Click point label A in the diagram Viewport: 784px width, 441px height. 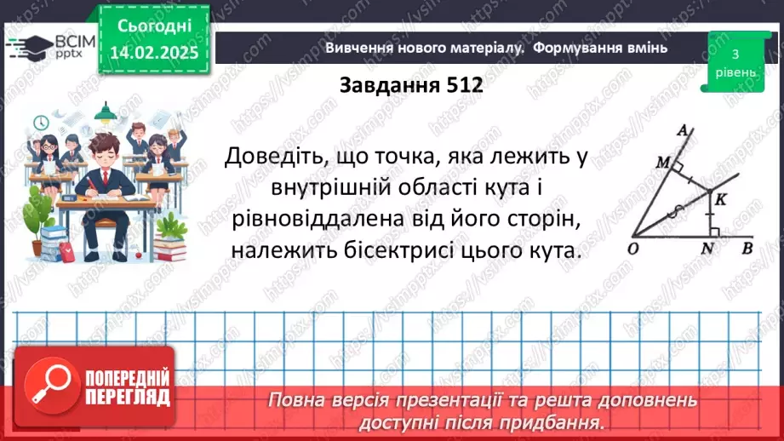pos(682,130)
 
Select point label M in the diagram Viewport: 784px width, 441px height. pos(661,161)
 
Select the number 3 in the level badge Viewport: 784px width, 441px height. pos(734,55)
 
